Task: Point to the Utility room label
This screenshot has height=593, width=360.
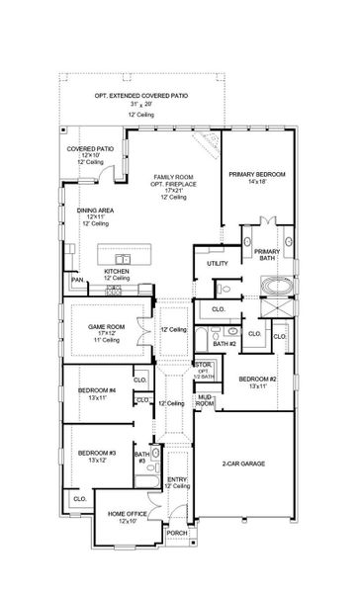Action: (x=217, y=264)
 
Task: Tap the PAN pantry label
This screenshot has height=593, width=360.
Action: (x=77, y=280)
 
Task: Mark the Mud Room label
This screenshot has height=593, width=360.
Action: (x=206, y=399)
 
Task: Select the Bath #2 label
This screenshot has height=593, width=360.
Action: (x=226, y=343)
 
